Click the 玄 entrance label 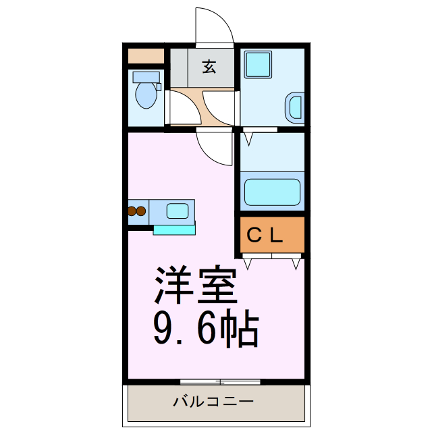(209, 67)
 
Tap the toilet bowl (146, 95)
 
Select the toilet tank (146, 76)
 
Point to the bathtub (271, 192)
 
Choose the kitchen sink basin (178, 211)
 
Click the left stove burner (132, 211)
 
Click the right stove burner (142, 211)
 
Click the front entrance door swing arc (215, 27)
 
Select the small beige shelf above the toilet (146, 56)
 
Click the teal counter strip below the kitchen (173, 230)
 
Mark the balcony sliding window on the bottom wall (220, 382)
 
